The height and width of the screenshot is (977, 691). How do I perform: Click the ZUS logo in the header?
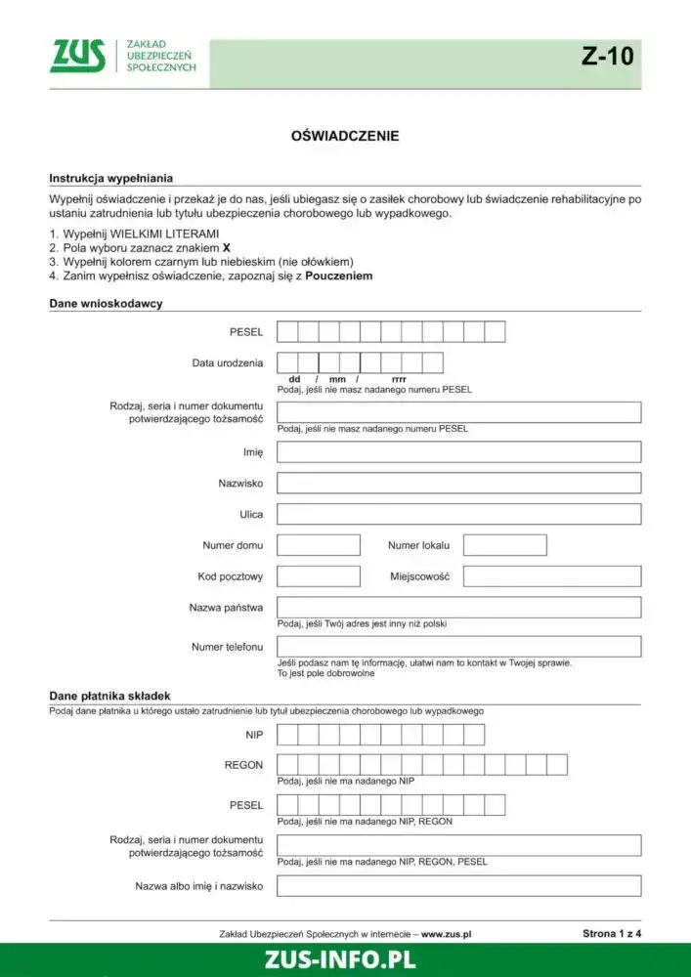click(x=77, y=56)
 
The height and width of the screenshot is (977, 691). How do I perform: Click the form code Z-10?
click(x=607, y=57)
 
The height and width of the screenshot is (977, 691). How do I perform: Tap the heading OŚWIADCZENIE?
click(x=345, y=136)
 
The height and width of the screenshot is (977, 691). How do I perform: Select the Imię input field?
click(x=458, y=452)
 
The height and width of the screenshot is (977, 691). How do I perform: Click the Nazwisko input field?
click(x=458, y=483)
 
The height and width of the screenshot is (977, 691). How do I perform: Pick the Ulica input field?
click(x=458, y=514)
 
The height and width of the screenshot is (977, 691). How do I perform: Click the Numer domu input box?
click(x=318, y=545)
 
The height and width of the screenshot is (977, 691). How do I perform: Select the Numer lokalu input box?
click(x=504, y=545)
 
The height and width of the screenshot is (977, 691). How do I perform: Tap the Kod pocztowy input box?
click(x=318, y=576)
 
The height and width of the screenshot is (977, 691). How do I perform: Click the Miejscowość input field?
click(x=551, y=576)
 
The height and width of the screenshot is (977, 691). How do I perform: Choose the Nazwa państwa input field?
click(x=458, y=608)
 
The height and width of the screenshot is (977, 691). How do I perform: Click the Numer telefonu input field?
click(x=458, y=647)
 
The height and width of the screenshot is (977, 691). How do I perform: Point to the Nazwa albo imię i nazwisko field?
click(x=458, y=886)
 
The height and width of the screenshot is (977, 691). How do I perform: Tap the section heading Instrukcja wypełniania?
click(x=110, y=179)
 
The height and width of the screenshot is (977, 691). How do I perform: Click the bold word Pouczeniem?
click(x=338, y=276)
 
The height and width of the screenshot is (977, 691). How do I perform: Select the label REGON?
click(x=243, y=765)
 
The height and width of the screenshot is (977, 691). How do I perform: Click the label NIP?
click(x=253, y=735)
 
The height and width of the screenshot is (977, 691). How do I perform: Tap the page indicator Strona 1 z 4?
click(x=612, y=934)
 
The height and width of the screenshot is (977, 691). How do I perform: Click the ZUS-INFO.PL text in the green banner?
click(x=340, y=959)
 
